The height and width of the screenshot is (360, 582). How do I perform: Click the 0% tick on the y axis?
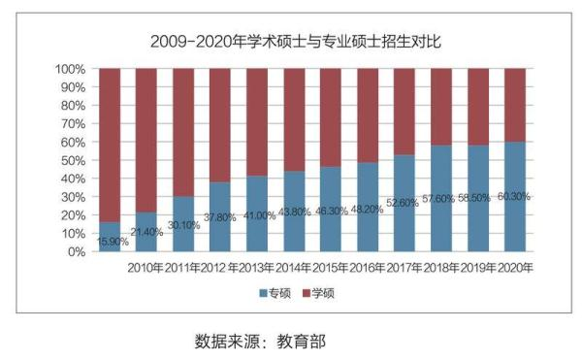point(77,251)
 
